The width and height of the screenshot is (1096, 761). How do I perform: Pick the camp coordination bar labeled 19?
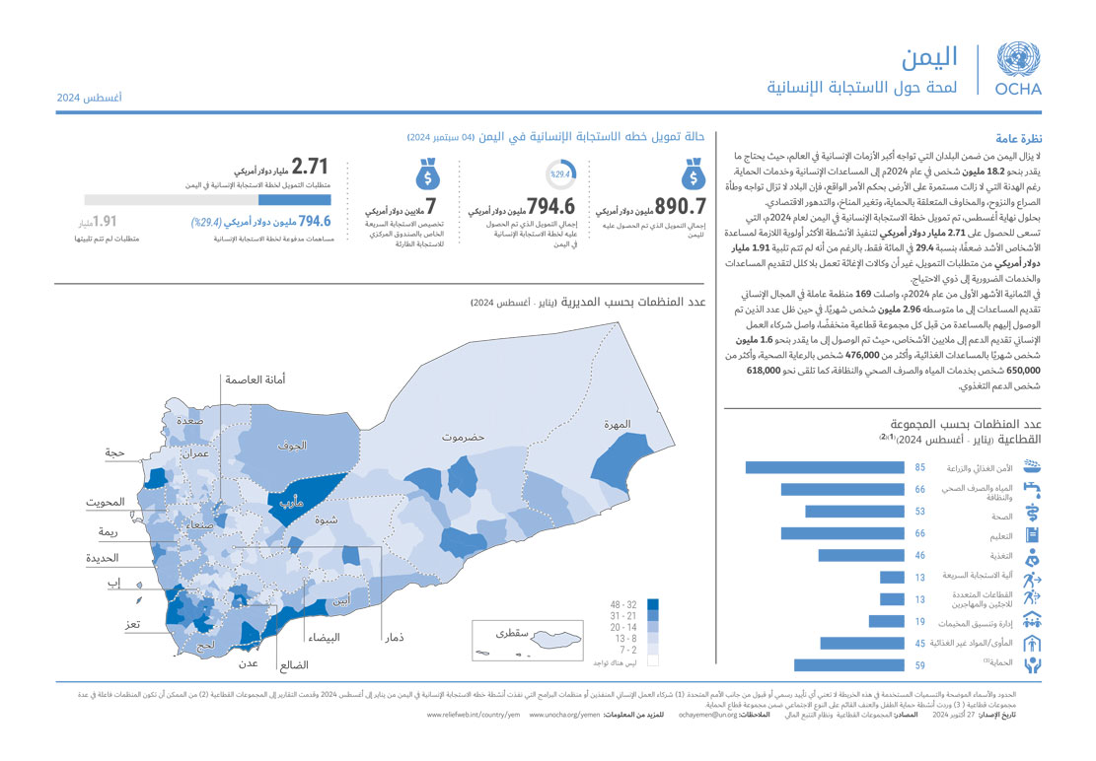(x=887, y=622)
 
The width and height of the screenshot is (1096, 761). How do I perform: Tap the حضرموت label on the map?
(x=467, y=435)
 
